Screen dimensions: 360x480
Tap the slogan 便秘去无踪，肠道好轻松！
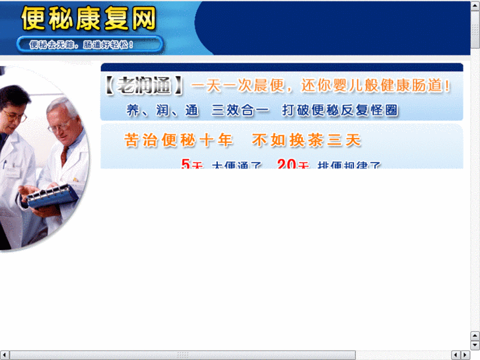point(82,45)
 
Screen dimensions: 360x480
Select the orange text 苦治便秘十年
point(178,141)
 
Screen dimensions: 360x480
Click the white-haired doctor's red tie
point(64,155)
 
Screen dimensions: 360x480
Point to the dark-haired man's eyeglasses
point(15,117)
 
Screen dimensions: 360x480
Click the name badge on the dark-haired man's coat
point(12,173)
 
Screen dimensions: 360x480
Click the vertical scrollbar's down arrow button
point(475,345)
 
